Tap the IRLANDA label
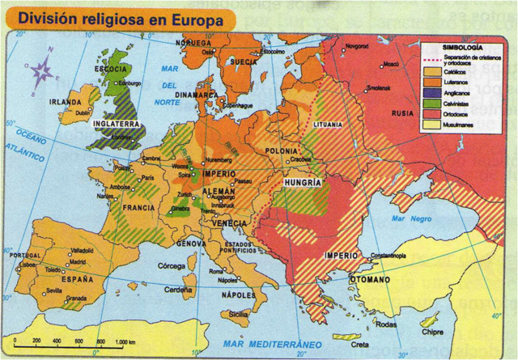(64, 103)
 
